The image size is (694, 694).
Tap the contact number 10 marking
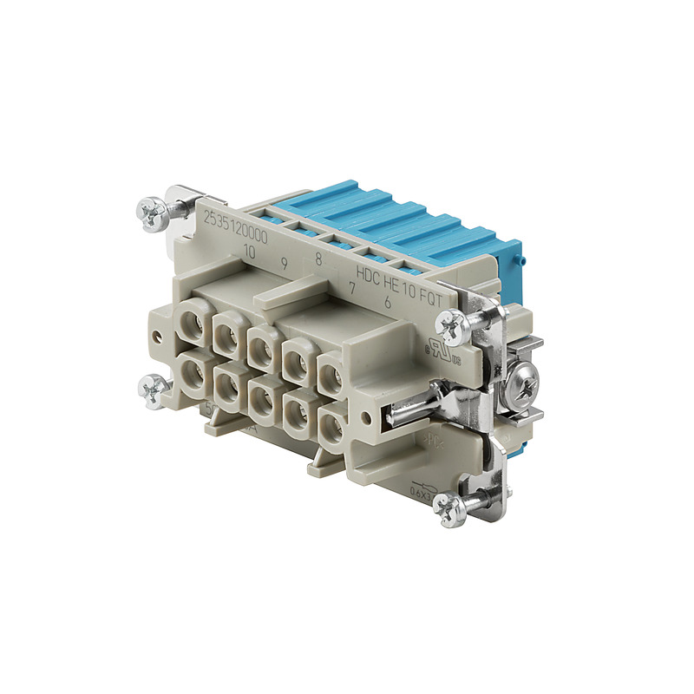click(x=250, y=252)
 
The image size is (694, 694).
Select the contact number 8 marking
click(x=318, y=258)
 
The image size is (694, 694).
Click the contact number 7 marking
click(x=352, y=287)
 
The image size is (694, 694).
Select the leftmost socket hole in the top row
click(x=192, y=328)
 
